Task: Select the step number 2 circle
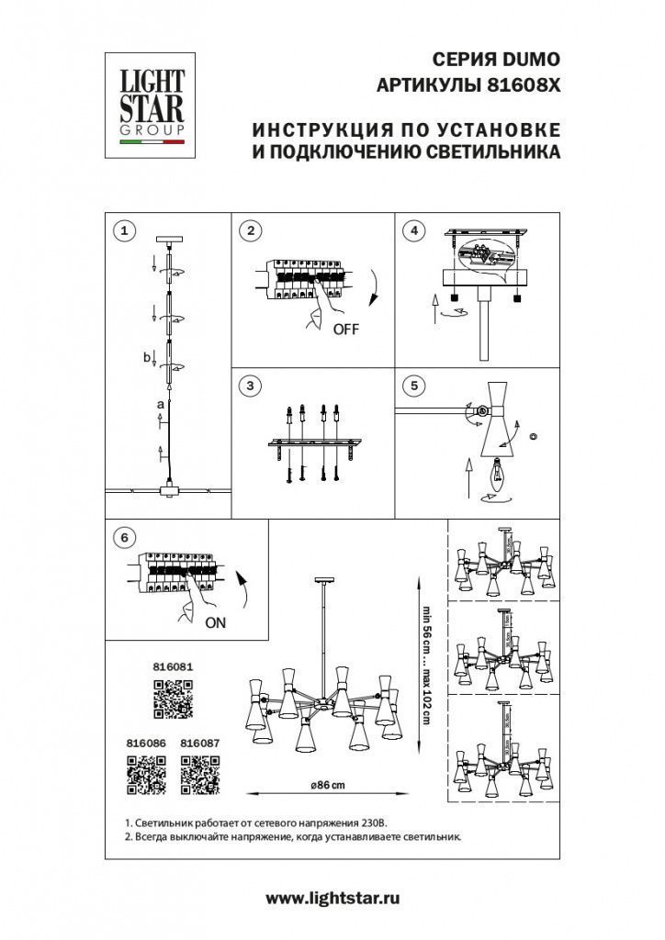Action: coord(248,229)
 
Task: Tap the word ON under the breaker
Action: coord(215,622)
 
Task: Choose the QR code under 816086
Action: coord(145,773)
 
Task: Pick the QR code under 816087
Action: coord(199,773)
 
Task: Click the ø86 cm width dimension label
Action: coord(328,785)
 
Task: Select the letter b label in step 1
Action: coord(146,357)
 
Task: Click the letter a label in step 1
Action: coord(159,403)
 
